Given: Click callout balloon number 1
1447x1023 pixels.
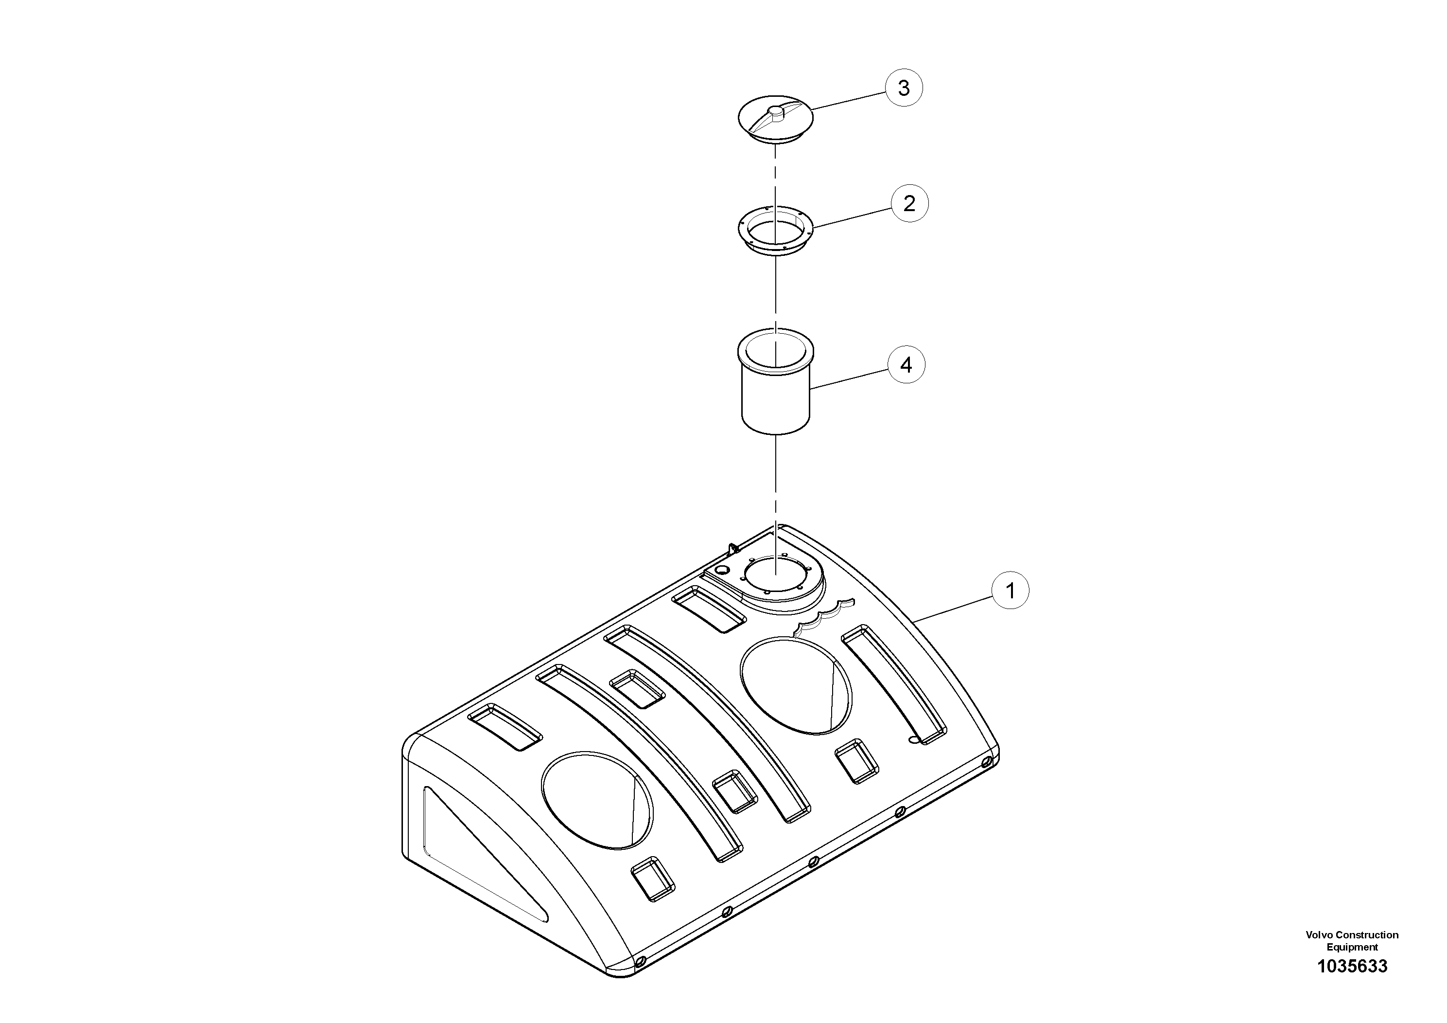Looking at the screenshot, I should tap(1010, 591).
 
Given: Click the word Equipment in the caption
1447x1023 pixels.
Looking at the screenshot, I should tap(1352, 947).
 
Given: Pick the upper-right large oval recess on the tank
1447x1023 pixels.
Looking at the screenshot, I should tap(795, 685).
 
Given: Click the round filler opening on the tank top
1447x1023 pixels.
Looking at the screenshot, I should tap(775, 573).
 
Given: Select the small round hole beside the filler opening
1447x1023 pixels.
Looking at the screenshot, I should tap(723, 570).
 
